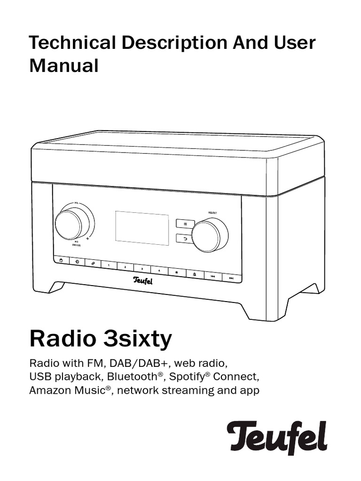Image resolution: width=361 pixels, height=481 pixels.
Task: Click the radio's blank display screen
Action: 142,228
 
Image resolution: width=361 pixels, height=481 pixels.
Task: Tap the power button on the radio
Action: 61,261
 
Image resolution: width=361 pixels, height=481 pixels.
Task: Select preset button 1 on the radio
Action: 109,265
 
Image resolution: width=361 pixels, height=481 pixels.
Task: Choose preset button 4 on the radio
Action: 159,271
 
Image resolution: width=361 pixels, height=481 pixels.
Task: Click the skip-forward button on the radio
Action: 231,279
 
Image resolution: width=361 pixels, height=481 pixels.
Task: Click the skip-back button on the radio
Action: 212,277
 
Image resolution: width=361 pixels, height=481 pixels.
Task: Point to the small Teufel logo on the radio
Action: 143,281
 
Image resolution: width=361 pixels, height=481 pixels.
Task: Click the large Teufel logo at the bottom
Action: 277,437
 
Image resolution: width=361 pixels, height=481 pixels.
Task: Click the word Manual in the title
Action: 64,66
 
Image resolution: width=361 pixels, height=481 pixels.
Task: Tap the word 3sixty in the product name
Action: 138,339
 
